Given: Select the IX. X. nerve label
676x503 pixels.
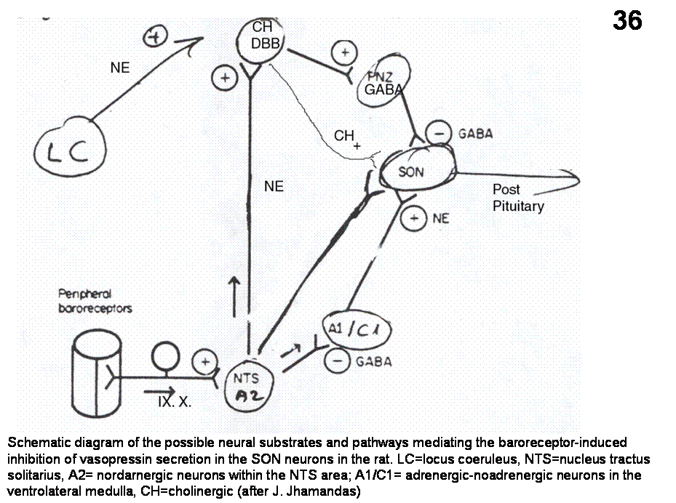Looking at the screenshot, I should [x=175, y=401].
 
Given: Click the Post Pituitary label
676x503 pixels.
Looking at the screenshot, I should [x=517, y=198].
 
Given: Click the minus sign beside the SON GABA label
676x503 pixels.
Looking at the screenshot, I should [x=438, y=134].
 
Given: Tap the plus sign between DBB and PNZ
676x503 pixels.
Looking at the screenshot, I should [x=343, y=52].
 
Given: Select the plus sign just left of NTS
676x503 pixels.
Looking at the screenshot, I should [x=205, y=361].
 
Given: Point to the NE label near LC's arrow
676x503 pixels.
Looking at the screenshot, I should [x=120, y=68].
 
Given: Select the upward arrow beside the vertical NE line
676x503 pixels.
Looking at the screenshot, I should [x=234, y=294].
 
